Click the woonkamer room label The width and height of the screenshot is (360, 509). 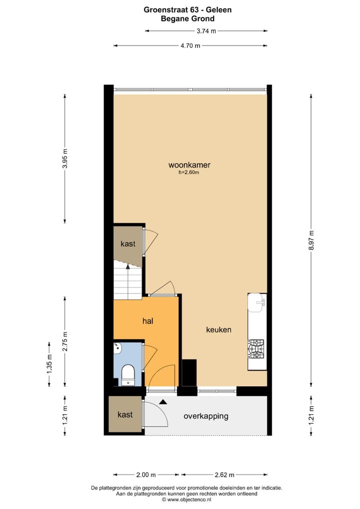[x=189, y=164]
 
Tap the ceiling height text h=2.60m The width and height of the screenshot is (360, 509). [x=189, y=172]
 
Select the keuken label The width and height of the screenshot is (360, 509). [x=219, y=329]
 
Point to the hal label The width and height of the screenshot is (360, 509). [x=147, y=321]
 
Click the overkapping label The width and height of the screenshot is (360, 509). [x=205, y=415]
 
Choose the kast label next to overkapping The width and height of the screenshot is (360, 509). [x=125, y=414]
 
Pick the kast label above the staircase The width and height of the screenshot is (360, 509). [x=128, y=243]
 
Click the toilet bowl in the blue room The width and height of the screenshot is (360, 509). [x=128, y=374]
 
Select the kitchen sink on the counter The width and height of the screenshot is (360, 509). [x=257, y=302]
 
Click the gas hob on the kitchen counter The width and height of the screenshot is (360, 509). [x=256, y=349]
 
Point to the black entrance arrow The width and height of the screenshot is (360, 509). [x=162, y=401]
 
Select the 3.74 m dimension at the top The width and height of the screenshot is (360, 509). [x=206, y=31]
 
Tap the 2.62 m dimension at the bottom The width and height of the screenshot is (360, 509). [x=224, y=474]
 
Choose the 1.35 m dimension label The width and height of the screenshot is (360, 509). [x=49, y=363]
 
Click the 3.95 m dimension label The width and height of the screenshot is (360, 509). [x=65, y=158]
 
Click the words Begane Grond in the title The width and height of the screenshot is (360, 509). [x=187, y=18]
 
